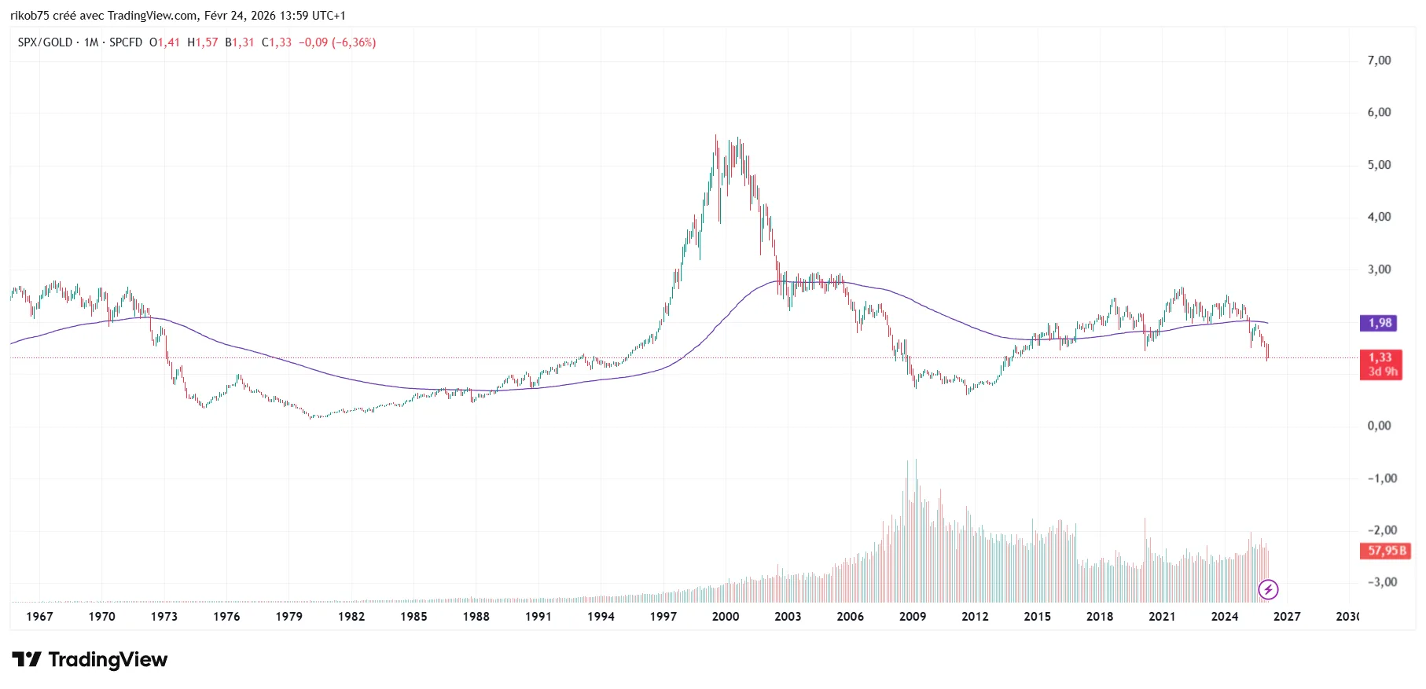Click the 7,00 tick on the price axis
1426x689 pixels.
click(x=1379, y=60)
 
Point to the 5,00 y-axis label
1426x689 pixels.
click(x=1379, y=165)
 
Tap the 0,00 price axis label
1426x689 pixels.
click(x=1379, y=426)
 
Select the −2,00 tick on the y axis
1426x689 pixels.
click(x=1382, y=530)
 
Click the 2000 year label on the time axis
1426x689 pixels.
click(x=726, y=617)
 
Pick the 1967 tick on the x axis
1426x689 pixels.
click(x=39, y=617)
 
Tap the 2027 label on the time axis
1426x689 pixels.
click(x=1287, y=617)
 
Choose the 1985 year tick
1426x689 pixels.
click(x=413, y=617)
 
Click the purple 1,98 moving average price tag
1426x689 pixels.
click(x=1380, y=323)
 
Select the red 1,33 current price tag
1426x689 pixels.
click(x=1380, y=357)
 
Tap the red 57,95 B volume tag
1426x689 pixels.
click(x=1386, y=551)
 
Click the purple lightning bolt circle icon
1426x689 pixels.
click(x=1268, y=589)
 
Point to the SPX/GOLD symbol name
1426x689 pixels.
click(x=45, y=42)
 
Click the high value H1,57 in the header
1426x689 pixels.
click(x=202, y=42)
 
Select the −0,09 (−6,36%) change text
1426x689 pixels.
click(x=336, y=42)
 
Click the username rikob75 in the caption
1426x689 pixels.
click(x=30, y=16)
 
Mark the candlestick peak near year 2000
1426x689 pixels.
click(x=715, y=137)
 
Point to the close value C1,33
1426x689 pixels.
click(x=276, y=42)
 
